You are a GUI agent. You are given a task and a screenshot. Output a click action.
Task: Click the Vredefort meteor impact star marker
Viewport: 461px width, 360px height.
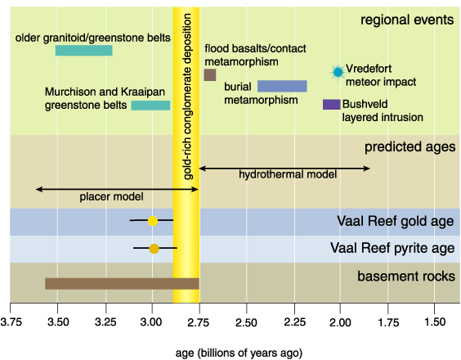click(338, 72)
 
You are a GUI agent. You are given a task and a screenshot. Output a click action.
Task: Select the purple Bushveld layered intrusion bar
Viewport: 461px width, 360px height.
click(331, 105)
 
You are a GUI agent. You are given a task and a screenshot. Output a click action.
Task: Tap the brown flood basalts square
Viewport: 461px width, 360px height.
click(210, 74)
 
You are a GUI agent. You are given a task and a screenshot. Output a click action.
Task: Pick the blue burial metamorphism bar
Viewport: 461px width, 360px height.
click(282, 86)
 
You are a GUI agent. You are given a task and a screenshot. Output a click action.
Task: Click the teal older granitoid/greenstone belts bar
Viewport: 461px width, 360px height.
click(84, 51)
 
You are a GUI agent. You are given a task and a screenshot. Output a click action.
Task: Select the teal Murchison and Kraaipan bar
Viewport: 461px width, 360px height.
click(150, 106)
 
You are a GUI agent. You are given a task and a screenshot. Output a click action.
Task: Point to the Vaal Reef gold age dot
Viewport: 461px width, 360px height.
click(153, 220)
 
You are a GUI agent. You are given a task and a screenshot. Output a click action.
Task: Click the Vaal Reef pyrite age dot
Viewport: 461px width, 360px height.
click(154, 249)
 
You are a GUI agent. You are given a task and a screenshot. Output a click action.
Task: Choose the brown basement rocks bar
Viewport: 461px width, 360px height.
click(122, 283)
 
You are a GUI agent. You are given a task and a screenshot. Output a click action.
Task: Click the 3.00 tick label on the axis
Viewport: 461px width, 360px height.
click(151, 322)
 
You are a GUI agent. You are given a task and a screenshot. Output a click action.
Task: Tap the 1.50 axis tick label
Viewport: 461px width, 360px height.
click(435, 322)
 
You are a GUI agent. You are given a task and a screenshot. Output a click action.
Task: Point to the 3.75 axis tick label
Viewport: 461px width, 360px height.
click(11, 322)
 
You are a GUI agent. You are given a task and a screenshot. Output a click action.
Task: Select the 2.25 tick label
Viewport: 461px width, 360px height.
click(294, 322)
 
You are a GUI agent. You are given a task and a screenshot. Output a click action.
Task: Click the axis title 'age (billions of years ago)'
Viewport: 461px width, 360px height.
click(239, 353)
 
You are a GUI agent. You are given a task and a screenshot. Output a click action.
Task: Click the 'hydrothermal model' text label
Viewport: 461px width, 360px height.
click(288, 174)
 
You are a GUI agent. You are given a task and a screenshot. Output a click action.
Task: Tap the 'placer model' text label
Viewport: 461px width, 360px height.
click(111, 196)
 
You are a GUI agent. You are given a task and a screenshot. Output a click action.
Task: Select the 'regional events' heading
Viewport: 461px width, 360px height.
click(407, 20)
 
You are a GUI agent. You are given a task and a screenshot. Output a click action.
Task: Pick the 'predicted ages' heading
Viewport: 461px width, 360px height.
click(410, 146)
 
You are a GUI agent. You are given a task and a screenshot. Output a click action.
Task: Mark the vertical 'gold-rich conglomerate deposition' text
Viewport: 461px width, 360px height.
click(187, 97)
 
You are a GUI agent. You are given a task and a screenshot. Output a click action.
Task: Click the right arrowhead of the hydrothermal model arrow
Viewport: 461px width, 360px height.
click(367, 169)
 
